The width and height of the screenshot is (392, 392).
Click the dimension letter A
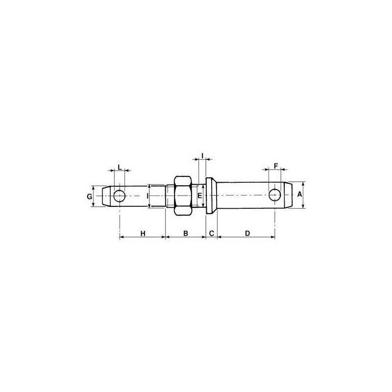click(x=299, y=194)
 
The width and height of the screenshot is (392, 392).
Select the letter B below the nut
click(x=186, y=233)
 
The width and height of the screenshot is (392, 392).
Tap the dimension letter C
click(x=212, y=233)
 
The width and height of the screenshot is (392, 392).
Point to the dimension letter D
click(x=247, y=233)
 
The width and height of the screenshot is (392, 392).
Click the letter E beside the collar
click(x=199, y=196)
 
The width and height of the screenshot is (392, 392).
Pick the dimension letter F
click(x=276, y=166)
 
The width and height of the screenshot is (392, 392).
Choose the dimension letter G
click(x=89, y=197)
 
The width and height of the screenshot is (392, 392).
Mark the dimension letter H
click(x=143, y=234)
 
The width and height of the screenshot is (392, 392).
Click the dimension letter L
click(x=120, y=167)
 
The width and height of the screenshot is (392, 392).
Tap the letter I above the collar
click(x=202, y=156)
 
